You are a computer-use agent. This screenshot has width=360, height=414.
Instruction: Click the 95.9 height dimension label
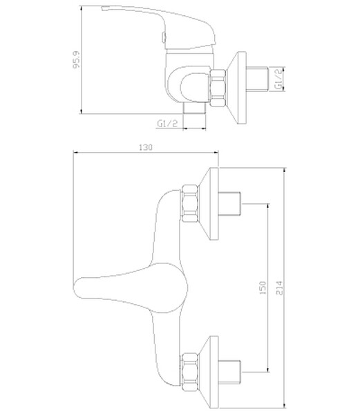[x=76, y=59]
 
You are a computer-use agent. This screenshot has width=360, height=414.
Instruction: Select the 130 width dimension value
[x=145, y=147]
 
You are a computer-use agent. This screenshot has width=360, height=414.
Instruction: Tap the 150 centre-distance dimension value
[x=263, y=288]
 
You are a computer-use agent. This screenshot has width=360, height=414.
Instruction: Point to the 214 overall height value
[x=279, y=288]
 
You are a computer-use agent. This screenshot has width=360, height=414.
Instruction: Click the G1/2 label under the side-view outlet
[x=168, y=123]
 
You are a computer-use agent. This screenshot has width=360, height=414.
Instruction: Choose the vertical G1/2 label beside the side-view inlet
[x=278, y=79]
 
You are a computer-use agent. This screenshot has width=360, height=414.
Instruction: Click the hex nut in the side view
[x=218, y=88]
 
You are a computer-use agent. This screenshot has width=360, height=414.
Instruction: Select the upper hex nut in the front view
[x=190, y=203]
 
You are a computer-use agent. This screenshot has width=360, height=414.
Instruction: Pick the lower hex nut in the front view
[x=190, y=371]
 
